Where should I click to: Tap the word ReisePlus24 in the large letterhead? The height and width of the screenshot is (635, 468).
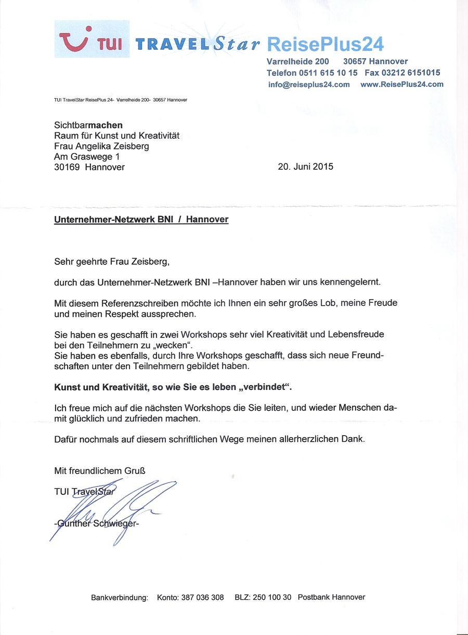pyautogui.click(x=326, y=44)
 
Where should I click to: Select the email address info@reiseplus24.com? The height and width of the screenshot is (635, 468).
pyautogui.click(x=309, y=85)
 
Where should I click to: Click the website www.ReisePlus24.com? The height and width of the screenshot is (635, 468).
pyautogui.click(x=401, y=84)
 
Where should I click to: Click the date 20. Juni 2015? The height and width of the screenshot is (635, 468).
pyautogui.click(x=306, y=167)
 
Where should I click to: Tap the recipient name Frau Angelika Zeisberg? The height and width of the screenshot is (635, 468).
pyautogui.click(x=101, y=146)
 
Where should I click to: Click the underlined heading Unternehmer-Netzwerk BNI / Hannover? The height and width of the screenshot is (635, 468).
pyautogui.click(x=141, y=220)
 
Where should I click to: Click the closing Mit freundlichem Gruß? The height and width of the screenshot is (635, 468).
pyautogui.click(x=99, y=471)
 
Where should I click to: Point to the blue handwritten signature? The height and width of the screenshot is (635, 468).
pyautogui.click(x=114, y=506)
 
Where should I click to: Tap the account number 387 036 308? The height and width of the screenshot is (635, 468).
pyautogui.click(x=202, y=598)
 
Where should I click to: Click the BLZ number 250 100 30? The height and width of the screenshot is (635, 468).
pyautogui.click(x=272, y=598)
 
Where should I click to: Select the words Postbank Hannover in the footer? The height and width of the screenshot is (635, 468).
pyautogui.click(x=331, y=598)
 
